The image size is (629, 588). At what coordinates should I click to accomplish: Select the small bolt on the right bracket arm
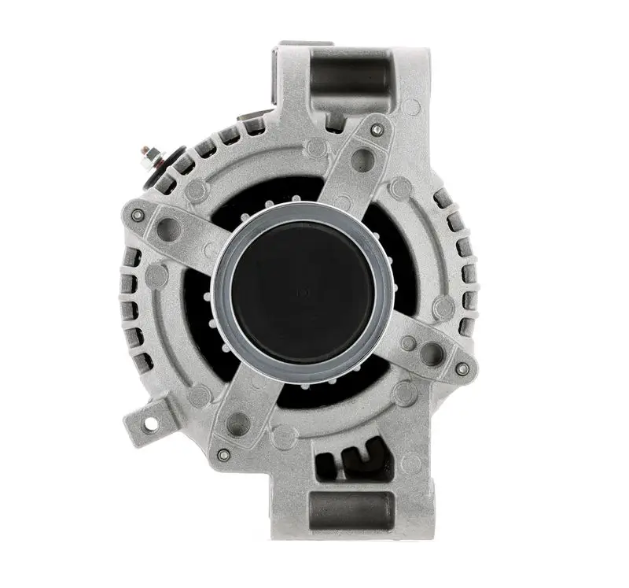click(462, 368)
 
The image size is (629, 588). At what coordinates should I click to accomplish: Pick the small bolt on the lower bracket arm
click(223, 454)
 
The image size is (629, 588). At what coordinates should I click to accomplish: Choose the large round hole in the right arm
click(432, 354)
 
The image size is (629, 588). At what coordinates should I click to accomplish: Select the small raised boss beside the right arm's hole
click(407, 344)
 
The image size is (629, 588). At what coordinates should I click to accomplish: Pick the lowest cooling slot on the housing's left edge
click(142, 362)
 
